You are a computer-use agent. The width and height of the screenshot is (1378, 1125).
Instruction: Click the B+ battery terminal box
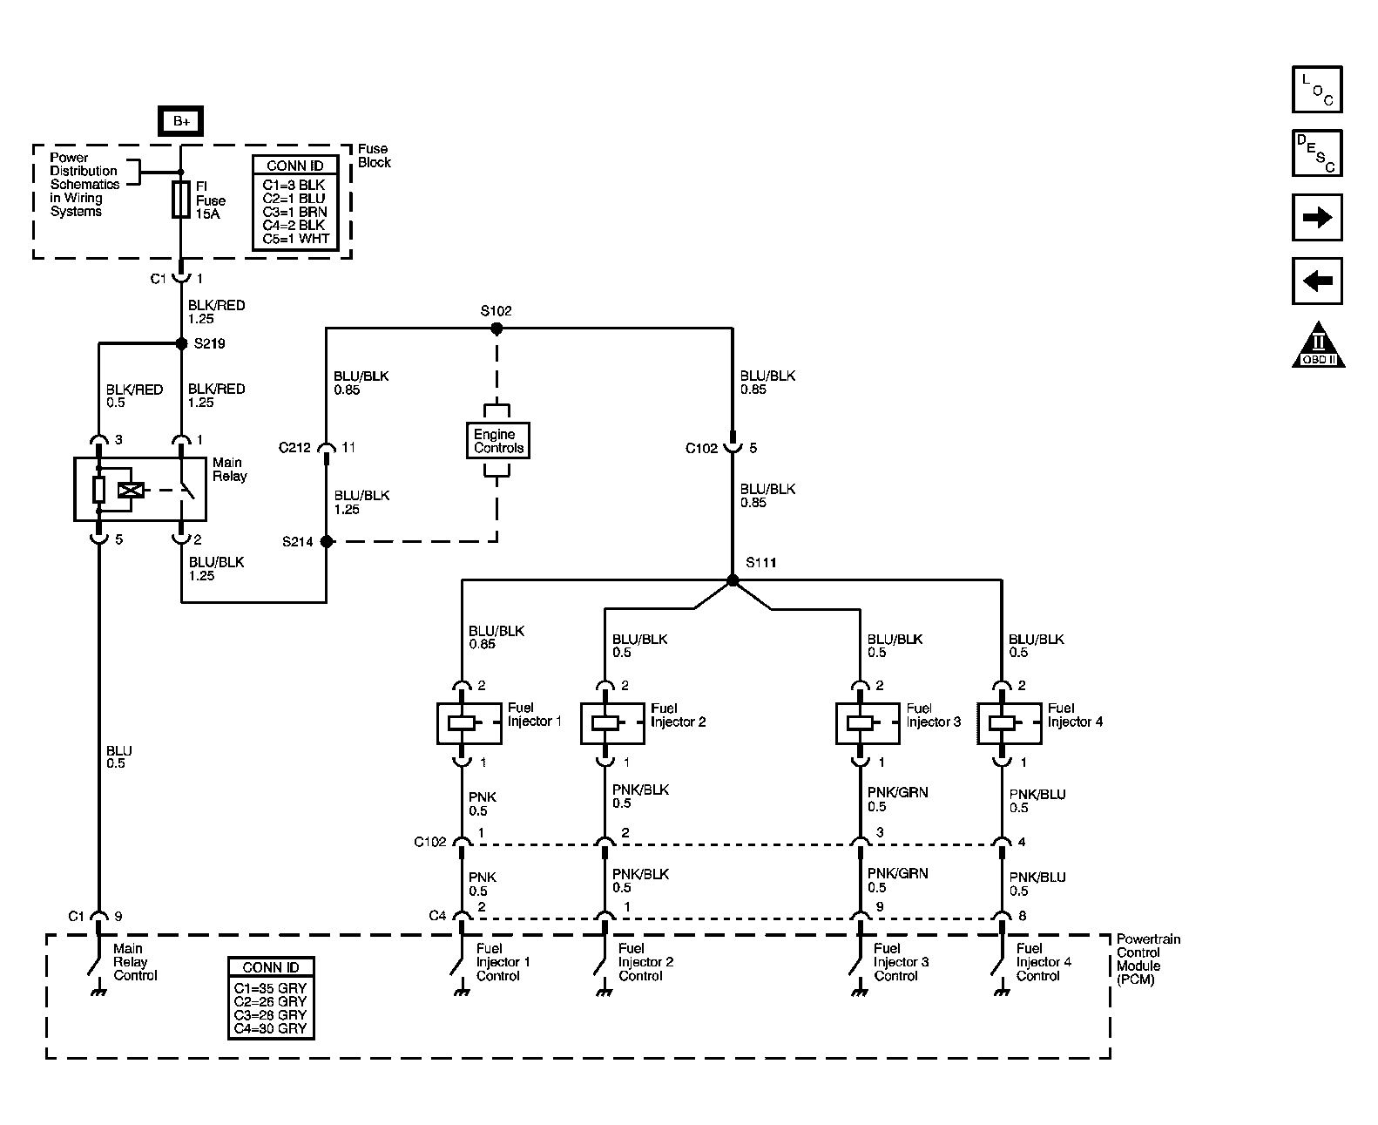point(180,121)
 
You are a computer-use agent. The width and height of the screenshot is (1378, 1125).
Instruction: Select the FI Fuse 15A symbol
point(181,200)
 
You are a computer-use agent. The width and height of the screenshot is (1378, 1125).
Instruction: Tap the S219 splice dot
point(182,343)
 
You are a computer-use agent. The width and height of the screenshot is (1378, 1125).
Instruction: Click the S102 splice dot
point(496,329)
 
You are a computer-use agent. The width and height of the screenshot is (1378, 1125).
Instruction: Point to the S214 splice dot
point(327,541)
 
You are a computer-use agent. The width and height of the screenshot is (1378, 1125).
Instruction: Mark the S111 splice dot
point(733,580)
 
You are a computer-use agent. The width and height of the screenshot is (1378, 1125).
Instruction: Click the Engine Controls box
point(498,441)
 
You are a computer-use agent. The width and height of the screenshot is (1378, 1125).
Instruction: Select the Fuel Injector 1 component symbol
point(469,722)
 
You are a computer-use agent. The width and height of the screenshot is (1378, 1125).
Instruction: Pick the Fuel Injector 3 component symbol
point(868,722)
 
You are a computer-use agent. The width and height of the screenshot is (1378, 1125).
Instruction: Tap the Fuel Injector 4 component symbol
point(1009,722)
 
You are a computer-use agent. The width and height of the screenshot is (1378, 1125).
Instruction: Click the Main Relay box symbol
point(141,490)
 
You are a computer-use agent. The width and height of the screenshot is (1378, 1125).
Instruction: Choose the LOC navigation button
point(1316,89)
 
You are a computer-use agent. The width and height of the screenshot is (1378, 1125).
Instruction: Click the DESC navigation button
point(1316,152)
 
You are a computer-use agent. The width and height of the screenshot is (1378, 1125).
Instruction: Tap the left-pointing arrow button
point(1316,281)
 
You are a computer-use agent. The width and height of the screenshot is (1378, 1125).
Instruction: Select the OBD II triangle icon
point(1318,345)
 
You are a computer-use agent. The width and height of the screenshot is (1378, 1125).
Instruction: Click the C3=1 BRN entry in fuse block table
point(294,212)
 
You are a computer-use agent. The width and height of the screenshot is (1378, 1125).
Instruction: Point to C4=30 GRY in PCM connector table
point(270,1028)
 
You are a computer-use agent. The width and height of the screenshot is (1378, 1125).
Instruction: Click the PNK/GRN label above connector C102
point(897,792)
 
